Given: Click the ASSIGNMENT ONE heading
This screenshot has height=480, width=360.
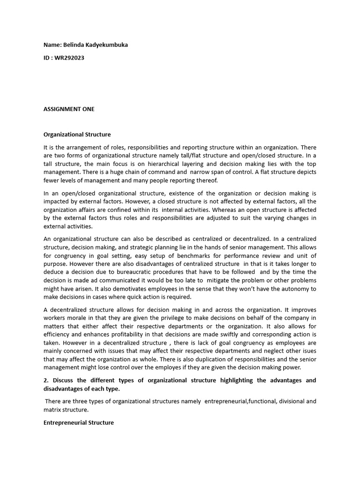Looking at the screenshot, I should tap(69, 109).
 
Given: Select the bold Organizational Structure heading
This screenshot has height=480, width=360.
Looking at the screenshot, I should tap(77, 135).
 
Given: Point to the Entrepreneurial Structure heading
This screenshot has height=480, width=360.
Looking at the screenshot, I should tap(79, 422).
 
